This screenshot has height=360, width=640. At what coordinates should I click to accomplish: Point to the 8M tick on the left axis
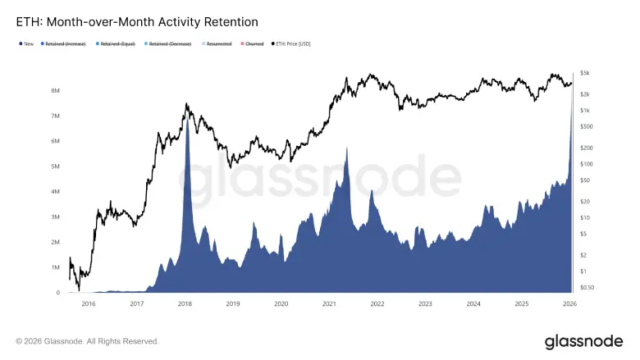[54, 90]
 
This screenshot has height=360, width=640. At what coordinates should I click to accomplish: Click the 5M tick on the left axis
[54, 166]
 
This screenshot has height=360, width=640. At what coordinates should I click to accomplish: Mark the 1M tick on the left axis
[54, 267]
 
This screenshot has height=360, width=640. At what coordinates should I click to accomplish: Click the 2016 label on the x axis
[89, 303]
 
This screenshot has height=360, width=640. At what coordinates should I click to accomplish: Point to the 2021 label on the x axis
[329, 303]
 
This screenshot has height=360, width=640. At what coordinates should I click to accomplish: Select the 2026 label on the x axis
[569, 303]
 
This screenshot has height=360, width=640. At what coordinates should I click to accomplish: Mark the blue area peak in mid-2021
[347, 149]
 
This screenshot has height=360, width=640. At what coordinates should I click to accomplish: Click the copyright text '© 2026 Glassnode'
[86, 341]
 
